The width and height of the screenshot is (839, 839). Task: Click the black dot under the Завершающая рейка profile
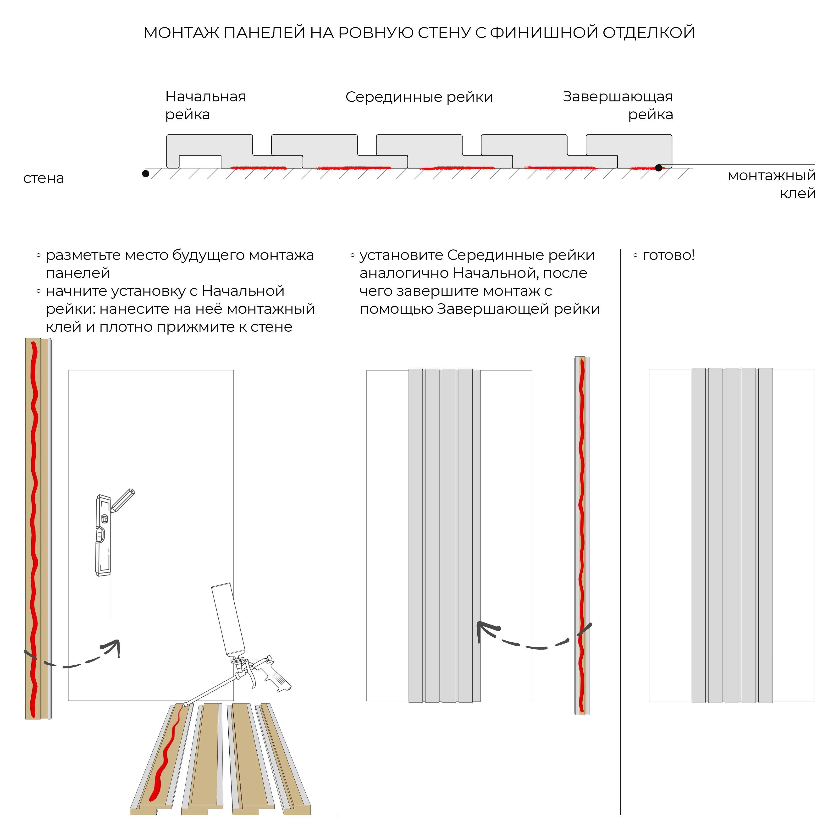[x=659, y=168]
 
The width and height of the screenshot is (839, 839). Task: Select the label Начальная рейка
[x=205, y=105]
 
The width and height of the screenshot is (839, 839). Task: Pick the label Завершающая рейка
[x=618, y=105]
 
